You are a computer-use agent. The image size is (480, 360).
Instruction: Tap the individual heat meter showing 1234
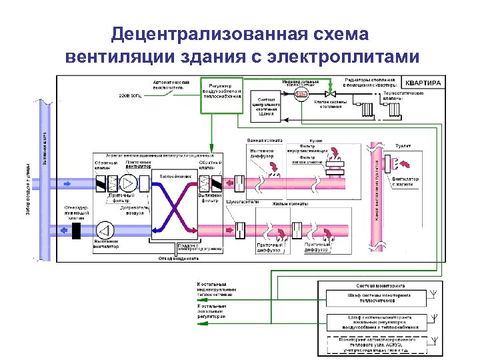pyautogui.click(x=301, y=94)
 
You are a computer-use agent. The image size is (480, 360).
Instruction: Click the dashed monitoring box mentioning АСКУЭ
pyautogui.click(x=378, y=343)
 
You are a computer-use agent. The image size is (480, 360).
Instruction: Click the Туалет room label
pyautogui.click(x=403, y=144)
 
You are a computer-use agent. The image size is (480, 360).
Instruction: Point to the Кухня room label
pyautogui.click(x=316, y=141)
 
